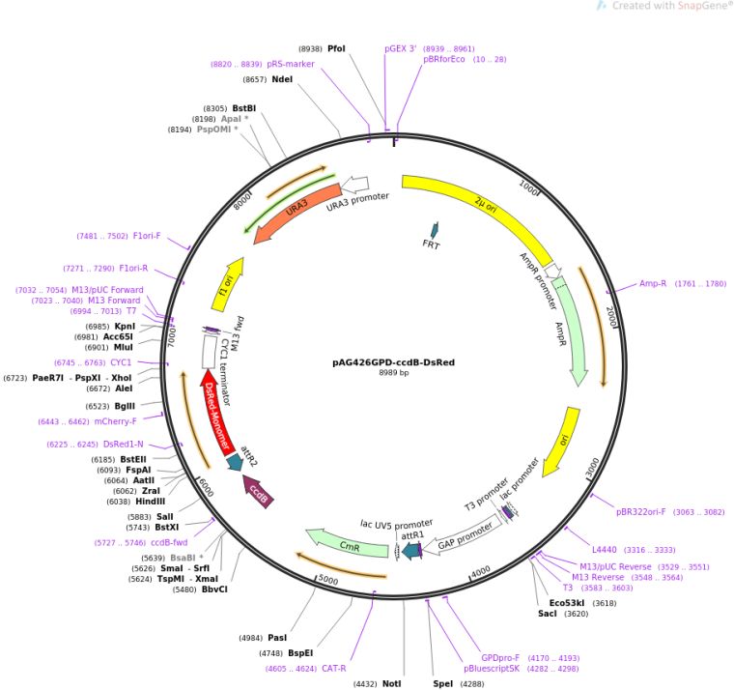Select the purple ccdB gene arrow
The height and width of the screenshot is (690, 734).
pos(259,491)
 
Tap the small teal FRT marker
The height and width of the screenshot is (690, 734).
pos(434,230)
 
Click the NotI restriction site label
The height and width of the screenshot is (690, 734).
pos(391,683)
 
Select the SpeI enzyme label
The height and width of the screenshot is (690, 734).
pos(442,683)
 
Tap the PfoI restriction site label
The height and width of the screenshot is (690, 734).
pos(336,47)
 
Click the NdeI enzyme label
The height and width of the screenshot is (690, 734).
pos(282,79)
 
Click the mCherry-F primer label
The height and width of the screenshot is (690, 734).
pos(115,421)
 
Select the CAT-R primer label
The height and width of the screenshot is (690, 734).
pos(334,668)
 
